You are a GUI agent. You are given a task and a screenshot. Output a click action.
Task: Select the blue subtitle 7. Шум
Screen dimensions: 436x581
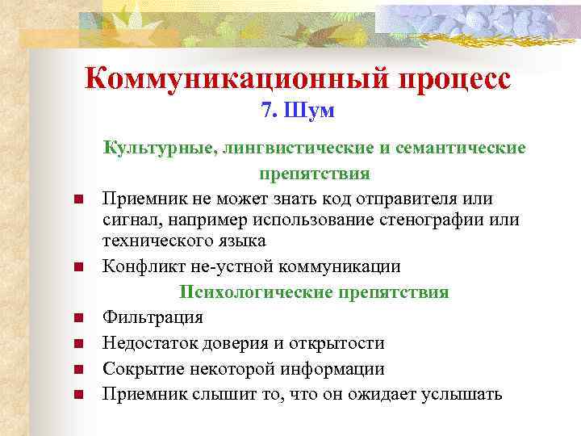[298, 111]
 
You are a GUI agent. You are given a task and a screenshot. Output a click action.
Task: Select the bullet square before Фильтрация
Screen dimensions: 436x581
[77, 318]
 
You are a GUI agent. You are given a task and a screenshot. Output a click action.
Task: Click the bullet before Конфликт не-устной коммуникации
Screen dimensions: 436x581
[77, 266]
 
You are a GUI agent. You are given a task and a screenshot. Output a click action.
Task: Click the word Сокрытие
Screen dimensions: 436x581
[137, 369]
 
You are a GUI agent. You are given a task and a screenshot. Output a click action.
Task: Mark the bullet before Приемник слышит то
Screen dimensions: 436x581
[77, 395]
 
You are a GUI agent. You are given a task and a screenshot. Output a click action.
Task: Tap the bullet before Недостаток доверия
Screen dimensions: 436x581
[77, 344]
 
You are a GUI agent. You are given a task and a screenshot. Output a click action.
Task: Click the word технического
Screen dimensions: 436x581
[153, 241]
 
